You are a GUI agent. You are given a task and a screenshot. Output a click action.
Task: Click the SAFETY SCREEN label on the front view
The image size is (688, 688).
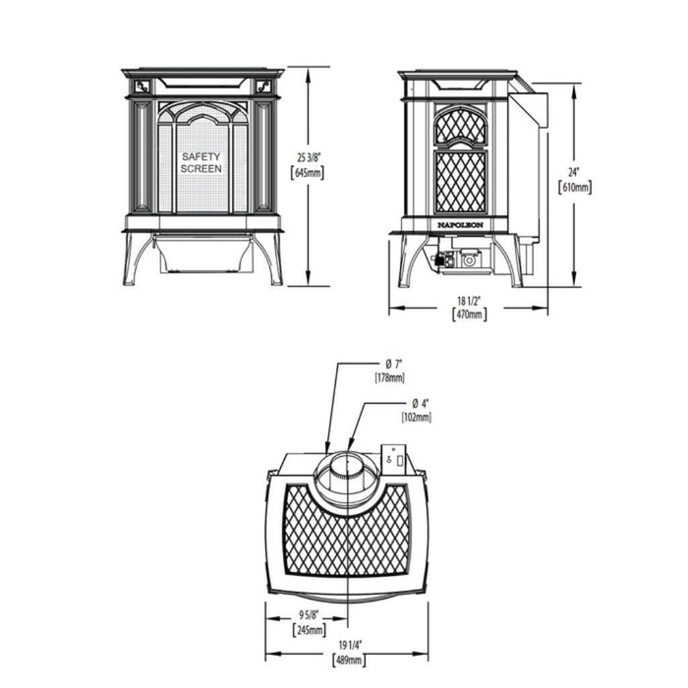[201, 162]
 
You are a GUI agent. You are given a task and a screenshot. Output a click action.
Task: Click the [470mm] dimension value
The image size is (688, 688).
[468, 315]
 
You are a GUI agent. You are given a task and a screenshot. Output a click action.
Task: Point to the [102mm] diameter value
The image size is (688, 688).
[417, 418]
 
